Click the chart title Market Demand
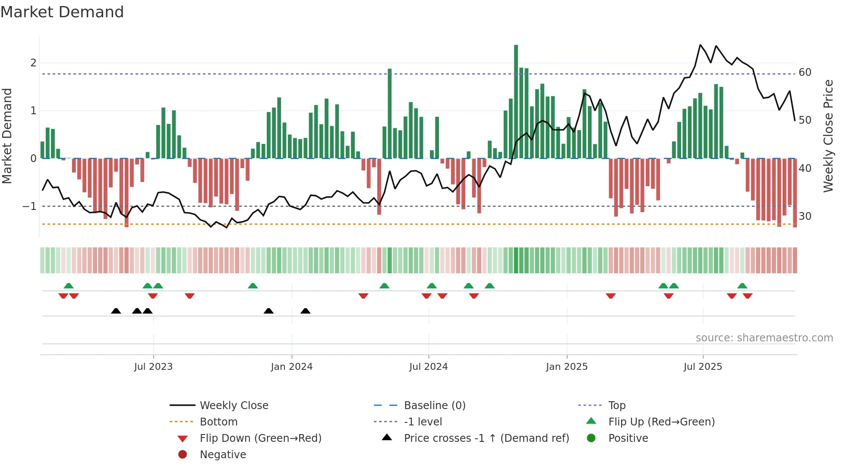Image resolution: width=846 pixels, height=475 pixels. click(62, 12)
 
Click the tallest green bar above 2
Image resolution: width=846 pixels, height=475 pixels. click(516, 99)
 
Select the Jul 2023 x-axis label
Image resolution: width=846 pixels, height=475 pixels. click(153, 367)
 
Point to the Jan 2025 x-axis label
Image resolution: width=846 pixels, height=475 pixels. click(566, 367)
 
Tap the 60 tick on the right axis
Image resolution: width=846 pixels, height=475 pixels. click(805, 72)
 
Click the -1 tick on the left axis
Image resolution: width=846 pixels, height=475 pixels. click(29, 206)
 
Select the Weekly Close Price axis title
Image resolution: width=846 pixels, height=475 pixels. click(828, 136)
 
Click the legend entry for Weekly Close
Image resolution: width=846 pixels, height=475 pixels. click(234, 406)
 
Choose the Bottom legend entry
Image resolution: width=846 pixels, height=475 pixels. click(218, 422)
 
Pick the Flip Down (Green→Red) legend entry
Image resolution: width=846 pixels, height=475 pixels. click(260, 438)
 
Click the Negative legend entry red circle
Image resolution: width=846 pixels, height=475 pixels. click(183, 455)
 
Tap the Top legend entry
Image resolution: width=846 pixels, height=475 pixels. click(617, 406)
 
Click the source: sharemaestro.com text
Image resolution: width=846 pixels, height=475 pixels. click(764, 338)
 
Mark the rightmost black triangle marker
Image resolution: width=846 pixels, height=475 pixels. click(305, 311)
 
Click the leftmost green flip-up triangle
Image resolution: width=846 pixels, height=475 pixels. click(69, 286)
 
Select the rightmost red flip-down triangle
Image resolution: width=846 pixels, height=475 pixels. click(748, 296)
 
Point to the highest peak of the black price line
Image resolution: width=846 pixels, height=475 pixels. click(700, 45)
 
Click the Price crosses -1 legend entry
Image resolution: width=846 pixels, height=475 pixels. click(486, 438)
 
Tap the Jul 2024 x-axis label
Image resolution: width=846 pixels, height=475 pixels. click(428, 367)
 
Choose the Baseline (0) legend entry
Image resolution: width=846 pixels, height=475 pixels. click(434, 406)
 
